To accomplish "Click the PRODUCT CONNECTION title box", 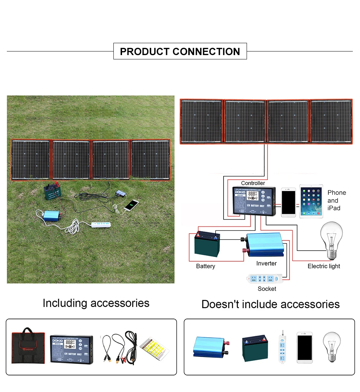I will tap(180, 51).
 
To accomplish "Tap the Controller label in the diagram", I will tap(253, 183).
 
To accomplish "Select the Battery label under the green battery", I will tap(206, 266).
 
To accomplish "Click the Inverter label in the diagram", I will tap(266, 263).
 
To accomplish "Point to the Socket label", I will tap(267, 289).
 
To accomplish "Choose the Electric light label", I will tap(324, 266).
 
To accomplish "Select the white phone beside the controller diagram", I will tap(288, 202).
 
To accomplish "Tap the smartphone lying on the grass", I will tap(131, 205).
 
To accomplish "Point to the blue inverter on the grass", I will tap(51, 216).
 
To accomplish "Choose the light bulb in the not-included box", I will tap(332, 346).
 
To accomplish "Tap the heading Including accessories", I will tap(96, 303).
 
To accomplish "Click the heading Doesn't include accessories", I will tap(270, 304).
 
